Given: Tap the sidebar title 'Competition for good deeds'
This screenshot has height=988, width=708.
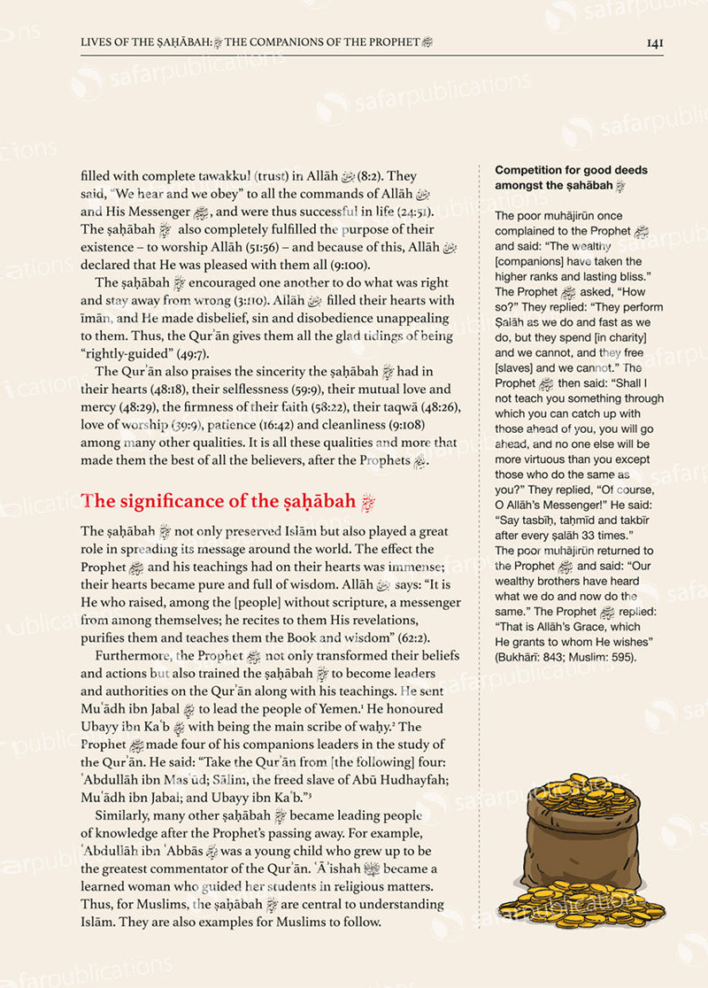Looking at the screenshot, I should [x=571, y=170].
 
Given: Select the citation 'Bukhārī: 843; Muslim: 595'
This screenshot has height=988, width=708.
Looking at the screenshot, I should [x=566, y=657].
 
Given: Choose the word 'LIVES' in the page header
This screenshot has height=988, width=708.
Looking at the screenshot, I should [x=96, y=42].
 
